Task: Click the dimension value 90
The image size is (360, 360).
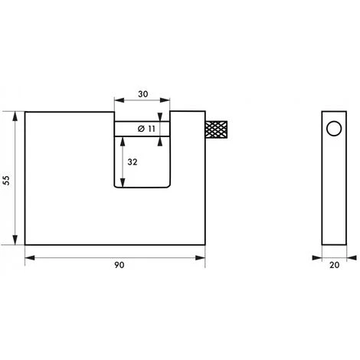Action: (x=119, y=265)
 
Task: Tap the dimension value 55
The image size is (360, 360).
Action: (x=6, y=181)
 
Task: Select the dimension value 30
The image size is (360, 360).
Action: (x=143, y=94)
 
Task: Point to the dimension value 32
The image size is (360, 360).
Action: (x=133, y=162)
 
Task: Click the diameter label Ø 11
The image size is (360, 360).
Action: (x=146, y=129)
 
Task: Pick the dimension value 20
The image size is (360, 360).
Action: (x=334, y=265)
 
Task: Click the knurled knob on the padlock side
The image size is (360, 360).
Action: (x=217, y=129)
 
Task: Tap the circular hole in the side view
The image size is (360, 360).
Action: (x=334, y=129)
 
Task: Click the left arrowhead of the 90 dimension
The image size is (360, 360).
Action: (x=30, y=258)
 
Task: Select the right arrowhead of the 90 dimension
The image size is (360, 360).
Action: (x=201, y=258)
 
